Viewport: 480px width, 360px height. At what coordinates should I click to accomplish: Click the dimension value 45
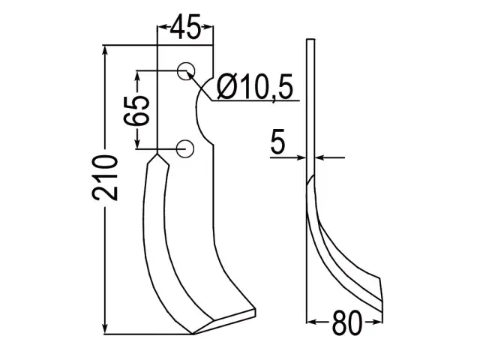185,27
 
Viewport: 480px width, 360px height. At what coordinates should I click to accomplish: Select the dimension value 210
105,178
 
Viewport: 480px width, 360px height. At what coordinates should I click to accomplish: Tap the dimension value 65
136,111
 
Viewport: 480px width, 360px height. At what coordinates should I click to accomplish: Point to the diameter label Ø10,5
255,87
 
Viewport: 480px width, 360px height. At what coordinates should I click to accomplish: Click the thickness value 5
277,142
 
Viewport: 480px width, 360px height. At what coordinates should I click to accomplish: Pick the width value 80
346,323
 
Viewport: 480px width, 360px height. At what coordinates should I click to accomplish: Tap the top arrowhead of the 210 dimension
106,50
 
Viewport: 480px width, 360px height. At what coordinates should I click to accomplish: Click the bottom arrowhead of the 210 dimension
106,329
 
